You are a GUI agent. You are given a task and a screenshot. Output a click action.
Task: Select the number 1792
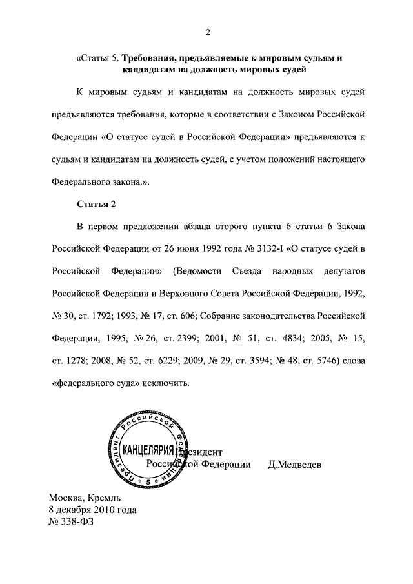click(106, 315)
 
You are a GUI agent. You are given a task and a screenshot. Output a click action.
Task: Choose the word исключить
click(166, 383)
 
